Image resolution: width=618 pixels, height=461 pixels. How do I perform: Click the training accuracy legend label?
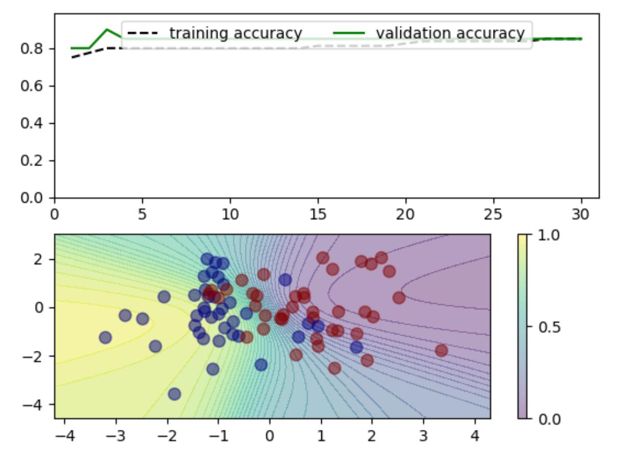[236, 33]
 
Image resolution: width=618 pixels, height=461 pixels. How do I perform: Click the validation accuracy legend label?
[450, 33]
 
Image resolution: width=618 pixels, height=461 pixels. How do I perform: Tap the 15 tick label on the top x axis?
[318, 213]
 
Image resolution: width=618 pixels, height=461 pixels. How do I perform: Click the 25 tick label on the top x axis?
[494, 213]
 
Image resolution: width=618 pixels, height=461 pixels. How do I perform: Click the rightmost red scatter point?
[441, 350]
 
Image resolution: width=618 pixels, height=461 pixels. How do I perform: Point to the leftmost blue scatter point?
[105, 337]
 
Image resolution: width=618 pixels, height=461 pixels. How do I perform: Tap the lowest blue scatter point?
[174, 394]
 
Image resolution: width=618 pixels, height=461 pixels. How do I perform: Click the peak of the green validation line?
[107, 29]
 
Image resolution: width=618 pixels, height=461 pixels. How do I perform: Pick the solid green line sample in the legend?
[349, 34]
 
